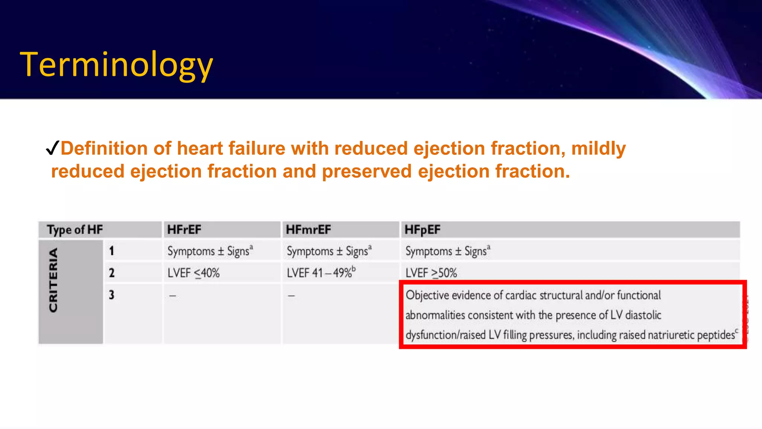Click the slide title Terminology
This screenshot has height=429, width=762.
coord(116,65)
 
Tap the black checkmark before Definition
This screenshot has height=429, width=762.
coord(52,148)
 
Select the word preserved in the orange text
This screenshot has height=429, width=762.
coord(366,171)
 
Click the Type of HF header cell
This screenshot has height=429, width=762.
coord(75,230)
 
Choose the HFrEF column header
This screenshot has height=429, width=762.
coord(184,230)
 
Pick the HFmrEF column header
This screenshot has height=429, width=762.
coord(308,230)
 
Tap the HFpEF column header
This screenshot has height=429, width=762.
coord(422,230)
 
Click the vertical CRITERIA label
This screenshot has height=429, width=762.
coord(54,280)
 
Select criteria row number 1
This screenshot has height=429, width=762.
coord(112,251)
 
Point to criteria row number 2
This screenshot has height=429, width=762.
coord(112,273)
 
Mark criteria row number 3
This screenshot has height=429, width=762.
coord(112,295)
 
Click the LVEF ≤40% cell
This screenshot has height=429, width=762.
coord(193,273)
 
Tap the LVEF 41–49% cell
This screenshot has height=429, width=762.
coord(321,273)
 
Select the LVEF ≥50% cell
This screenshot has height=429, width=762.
coord(431,273)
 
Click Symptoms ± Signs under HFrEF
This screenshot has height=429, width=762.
coord(210,251)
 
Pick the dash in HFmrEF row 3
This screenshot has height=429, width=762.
coord(291,296)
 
